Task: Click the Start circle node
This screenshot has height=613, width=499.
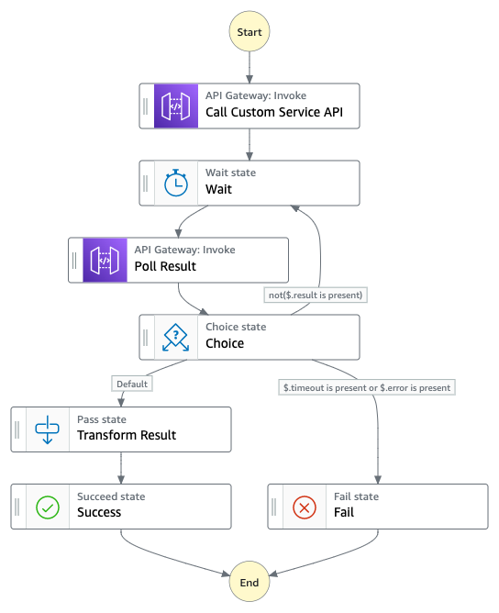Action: pos(249,31)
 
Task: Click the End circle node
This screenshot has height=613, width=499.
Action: pos(249,582)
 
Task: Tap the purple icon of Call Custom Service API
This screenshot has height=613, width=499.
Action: pos(175,106)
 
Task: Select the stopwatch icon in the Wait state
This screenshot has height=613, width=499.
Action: pos(175,184)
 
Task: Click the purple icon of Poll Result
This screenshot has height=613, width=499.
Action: pos(105,260)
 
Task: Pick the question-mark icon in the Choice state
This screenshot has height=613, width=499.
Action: pos(175,337)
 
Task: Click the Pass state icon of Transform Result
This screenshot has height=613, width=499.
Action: pos(47,429)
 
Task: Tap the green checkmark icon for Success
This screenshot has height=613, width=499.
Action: pos(47,506)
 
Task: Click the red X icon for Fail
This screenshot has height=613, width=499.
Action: pos(304,506)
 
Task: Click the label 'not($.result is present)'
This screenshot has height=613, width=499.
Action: pos(315,295)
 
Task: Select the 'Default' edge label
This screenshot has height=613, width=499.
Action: pos(132,385)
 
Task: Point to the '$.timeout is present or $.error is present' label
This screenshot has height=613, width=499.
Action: pos(367,387)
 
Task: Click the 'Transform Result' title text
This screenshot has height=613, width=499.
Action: pos(127,435)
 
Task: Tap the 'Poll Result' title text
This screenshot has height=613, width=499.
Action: pos(165,266)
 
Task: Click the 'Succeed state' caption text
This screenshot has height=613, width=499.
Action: pos(111,496)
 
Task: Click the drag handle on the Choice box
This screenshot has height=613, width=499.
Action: pos(146,337)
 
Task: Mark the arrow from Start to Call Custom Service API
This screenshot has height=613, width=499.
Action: pos(249,68)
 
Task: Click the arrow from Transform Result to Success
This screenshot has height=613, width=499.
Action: pos(121,468)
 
